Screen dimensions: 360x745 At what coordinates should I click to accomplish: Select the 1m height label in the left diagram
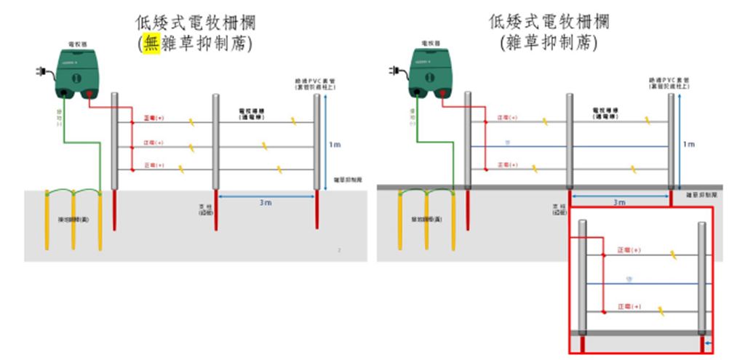pyautogui.click(x=335, y=145)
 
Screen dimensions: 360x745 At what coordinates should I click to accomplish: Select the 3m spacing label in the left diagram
pyautogui.click(x=266, y=202)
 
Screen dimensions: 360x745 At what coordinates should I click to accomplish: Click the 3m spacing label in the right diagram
pyautogui.click(x=619, y=202)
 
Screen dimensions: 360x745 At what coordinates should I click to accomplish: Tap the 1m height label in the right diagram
pyautogui.click(x=688, y=145)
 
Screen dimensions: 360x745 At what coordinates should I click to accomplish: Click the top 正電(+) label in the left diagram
pyautogui.click(x=154, y=118)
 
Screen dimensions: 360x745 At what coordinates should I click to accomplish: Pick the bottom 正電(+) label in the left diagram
pyautogui.click(x=154, y=166)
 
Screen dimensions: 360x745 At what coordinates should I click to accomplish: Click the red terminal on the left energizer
pyautogui.click(x=89, y=93)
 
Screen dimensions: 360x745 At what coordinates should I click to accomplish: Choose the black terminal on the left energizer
pyautogui.click(x=64, y=93)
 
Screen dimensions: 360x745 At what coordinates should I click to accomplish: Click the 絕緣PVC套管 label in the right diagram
pyautogui.click(x=670, y=83)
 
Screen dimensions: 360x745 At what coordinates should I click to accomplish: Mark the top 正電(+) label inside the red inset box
pyautogui.click(x=629, y=251)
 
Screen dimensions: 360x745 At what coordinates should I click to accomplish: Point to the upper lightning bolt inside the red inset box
pyautogui.click(x=675, y=255)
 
